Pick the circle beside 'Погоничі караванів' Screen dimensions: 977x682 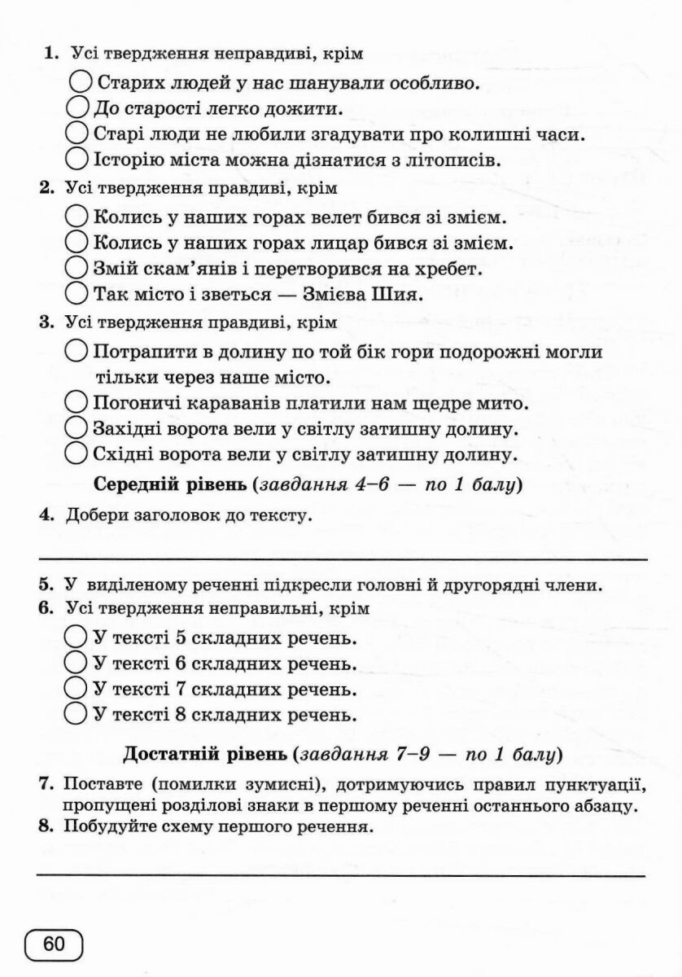coord(76,401)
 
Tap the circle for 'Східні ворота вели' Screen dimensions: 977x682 coord(76,452)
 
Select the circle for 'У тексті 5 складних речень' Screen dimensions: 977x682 coord(76,636)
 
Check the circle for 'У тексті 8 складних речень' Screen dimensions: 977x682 coord(76,714)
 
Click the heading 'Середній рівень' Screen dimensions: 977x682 coord(171,485)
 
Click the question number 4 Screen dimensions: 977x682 coord(46,515)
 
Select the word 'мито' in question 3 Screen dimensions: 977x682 coord(502,403)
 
